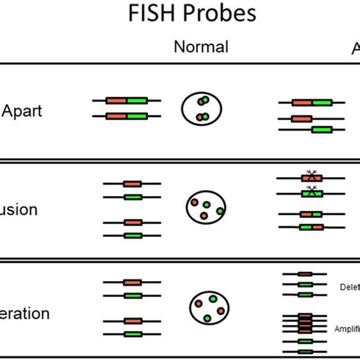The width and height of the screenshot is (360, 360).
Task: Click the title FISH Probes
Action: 203,14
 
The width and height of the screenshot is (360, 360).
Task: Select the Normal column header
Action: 201,47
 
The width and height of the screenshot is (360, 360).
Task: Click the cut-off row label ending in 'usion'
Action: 18,210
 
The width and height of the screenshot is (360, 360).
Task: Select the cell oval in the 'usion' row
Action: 205,207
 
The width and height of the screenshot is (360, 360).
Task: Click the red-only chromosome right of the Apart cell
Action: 302,118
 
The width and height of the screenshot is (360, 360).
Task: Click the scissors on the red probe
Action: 311,174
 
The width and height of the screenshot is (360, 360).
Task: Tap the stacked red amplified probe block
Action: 305,325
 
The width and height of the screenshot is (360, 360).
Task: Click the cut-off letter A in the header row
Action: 355,48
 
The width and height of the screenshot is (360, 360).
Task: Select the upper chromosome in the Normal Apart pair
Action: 126,100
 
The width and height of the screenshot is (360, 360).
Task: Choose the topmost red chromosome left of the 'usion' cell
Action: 131,184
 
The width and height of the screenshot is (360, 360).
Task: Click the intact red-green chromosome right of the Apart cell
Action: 311,102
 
